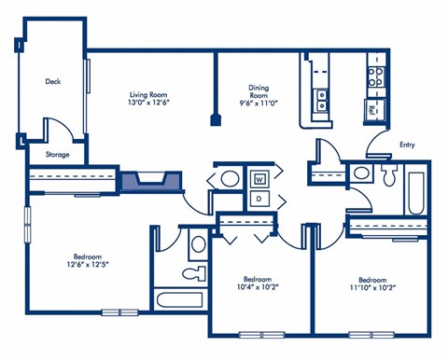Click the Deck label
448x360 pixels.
coord(53,81)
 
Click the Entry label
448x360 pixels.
coord(407,145)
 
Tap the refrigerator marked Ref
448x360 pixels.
coord(372,110)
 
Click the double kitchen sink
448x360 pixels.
coord(323,99)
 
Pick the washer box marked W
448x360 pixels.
coord(259,177)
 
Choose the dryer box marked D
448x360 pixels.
coord(259,199)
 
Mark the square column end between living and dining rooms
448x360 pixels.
coord(217,119)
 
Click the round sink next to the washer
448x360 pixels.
coord(229,178)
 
